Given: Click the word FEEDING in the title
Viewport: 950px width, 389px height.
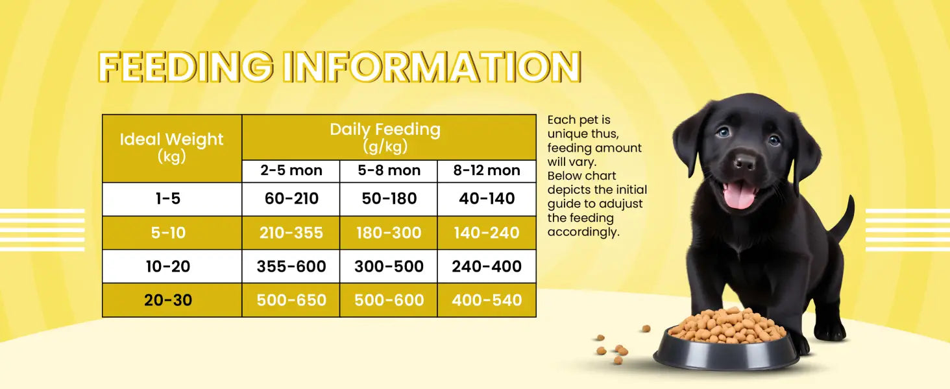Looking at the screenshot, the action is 186,67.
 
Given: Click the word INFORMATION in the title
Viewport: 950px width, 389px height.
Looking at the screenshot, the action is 432,67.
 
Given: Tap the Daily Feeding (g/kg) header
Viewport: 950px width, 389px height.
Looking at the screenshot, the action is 385,137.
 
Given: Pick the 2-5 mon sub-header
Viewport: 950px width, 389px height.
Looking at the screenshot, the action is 291,171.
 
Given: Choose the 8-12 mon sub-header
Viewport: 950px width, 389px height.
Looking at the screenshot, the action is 487,171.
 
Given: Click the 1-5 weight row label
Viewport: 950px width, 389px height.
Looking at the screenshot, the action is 168,198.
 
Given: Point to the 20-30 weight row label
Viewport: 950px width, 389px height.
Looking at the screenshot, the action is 168,300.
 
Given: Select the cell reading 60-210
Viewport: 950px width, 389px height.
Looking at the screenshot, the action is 291,198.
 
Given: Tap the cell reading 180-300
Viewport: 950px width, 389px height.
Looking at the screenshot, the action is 389,233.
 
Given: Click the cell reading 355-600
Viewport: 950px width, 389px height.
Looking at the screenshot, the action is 291,266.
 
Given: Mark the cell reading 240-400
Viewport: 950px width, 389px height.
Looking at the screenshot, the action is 487,266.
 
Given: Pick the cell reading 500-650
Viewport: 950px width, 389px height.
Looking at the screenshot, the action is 291,300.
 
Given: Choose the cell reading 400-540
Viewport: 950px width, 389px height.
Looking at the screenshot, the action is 487,300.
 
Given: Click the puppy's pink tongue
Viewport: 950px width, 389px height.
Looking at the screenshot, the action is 740,196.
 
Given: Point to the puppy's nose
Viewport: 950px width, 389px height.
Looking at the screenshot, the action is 744,162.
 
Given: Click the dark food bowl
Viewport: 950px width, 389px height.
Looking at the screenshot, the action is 726,349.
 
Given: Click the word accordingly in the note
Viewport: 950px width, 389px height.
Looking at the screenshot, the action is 583,232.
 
